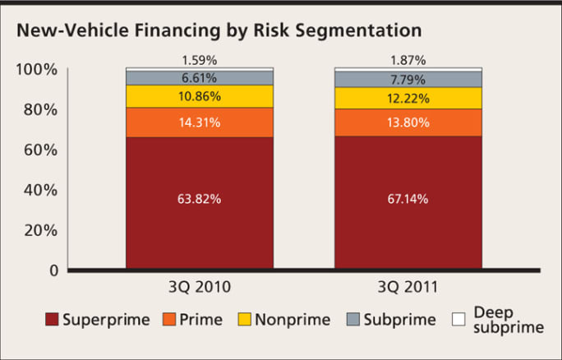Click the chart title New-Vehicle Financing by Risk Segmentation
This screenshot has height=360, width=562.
(219, 30)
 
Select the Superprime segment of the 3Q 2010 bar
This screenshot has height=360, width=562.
(199, 202)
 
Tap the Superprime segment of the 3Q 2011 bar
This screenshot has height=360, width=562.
(408, 202)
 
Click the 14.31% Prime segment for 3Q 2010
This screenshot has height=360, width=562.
(199, 122)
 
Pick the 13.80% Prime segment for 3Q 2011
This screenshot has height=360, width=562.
(408, 122)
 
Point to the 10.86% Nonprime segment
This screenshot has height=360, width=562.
(199, 96)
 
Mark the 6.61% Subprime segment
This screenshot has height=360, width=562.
(199, 77)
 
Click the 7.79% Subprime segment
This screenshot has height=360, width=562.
(408, 79)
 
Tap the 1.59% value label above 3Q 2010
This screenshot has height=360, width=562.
(199, 61)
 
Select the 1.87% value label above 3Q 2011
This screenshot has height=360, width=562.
(408, 61)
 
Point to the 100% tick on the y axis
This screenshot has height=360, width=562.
(37, 70)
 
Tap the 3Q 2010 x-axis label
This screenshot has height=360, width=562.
(199, 288)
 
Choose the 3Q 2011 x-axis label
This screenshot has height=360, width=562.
(408, 288)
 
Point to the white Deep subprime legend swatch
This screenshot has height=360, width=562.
(459, 319)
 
